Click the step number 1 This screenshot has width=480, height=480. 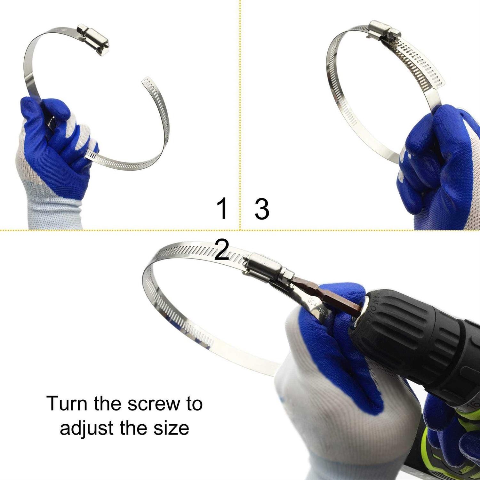(x=222, y=208)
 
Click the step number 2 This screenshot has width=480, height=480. (x=222, y=250)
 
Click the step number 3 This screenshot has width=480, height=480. (x=262, y=209)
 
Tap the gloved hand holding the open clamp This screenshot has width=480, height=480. (x=54, y=144)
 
